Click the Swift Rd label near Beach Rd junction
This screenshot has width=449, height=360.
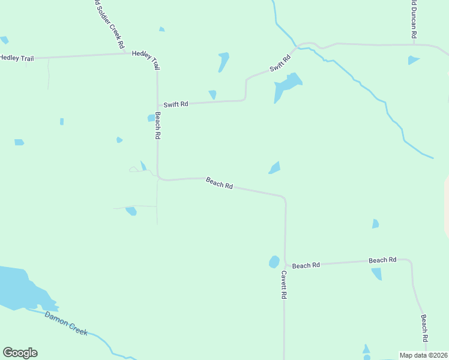click(176, 104)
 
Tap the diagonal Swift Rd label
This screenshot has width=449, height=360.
click(280, 63)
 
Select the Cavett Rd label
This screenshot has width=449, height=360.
click(284, 285)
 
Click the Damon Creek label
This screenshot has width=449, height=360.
click(66, 323)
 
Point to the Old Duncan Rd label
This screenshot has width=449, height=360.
click(414, 19)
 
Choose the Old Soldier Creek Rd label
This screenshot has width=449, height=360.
click(109, 23)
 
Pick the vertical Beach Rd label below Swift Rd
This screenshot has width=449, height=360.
click(157, 125)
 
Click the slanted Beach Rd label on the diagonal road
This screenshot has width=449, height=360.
click(219, 183)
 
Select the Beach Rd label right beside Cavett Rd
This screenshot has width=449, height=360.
click(306, 265)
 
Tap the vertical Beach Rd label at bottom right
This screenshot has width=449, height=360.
click(424, 328)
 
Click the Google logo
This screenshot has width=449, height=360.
click(20, 353)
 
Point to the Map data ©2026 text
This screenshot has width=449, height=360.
click(423, 355)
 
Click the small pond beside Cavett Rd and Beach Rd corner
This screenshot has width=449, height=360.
click(274, 262)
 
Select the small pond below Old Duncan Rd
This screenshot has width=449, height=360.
click(413, 60)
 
